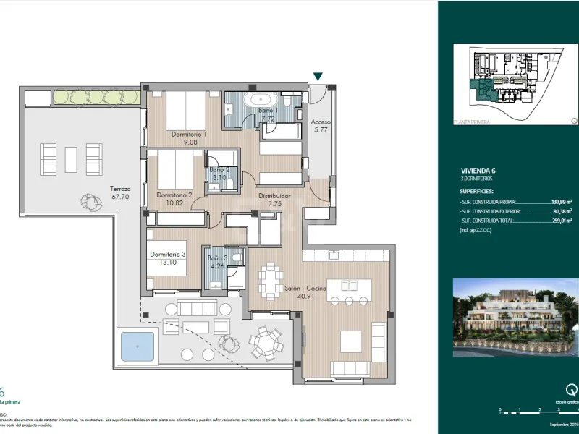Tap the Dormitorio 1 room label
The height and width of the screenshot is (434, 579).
189,138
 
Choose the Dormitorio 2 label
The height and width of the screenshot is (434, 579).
174,200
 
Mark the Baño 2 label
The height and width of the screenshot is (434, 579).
219,174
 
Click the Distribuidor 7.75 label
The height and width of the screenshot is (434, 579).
274,200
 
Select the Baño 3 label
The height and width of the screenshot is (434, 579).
218,262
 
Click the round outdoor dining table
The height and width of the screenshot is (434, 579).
268,341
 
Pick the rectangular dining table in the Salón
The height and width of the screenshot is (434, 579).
272,281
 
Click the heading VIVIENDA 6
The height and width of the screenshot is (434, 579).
473,171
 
